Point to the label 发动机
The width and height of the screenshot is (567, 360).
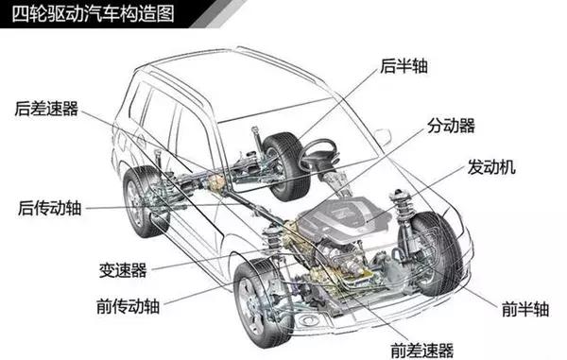pos(490,167)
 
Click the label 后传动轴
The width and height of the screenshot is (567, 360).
pos(50,207)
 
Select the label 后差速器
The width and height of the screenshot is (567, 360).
pos(43,106)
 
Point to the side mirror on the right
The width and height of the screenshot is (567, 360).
pos(383,136)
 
